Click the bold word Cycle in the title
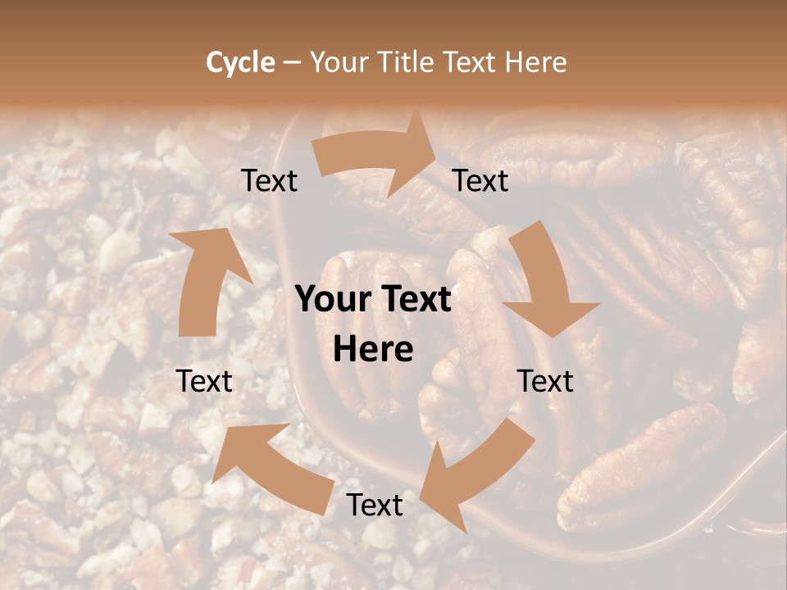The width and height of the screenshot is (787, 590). tap(240, 62)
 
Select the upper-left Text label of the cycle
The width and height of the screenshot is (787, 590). tap(269, 180)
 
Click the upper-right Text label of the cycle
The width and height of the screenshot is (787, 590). tap(480, 180)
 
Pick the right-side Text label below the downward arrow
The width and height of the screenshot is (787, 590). tap(545, 381)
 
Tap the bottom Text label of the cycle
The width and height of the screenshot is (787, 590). tap(375, 505)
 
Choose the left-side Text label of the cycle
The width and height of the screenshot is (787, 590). tap(204, 381)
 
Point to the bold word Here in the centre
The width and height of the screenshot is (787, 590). tap(373, 350)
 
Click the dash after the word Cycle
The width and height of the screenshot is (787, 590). tap(293, 62)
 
